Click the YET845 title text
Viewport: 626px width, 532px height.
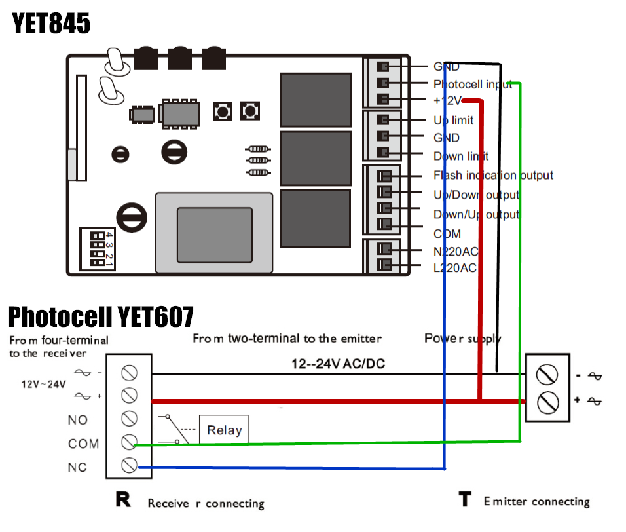(x=51, y=24)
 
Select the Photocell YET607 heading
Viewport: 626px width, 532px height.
(x=100, y=317)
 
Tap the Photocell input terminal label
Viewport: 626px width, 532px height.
(x=472, y=84)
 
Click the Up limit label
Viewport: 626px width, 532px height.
(x=453, y=121)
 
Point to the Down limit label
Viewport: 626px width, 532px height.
(x=460, y=156)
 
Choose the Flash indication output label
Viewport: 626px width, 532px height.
(x=492, y=175)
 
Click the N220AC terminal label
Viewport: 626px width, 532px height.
(x=455, y=250)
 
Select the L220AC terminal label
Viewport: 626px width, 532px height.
(x=454, y=267)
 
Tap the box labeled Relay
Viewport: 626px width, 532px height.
(x=224, y=430)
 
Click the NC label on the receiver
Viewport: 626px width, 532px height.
(x=77, y=467)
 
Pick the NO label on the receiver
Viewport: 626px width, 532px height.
(x=77, y=420)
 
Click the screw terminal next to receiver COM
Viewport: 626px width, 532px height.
(x=129, y=442)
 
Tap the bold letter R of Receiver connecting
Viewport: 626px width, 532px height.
(x=123, y=501)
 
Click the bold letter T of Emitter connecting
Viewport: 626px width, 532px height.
(x=465, y=501)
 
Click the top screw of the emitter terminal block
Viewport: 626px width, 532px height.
(x=547, y=375)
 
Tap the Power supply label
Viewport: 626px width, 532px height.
(x=462, y=338)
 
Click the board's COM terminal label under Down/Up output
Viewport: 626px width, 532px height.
(x=447, y=233)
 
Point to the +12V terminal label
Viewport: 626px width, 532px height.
(x=448, y=100)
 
